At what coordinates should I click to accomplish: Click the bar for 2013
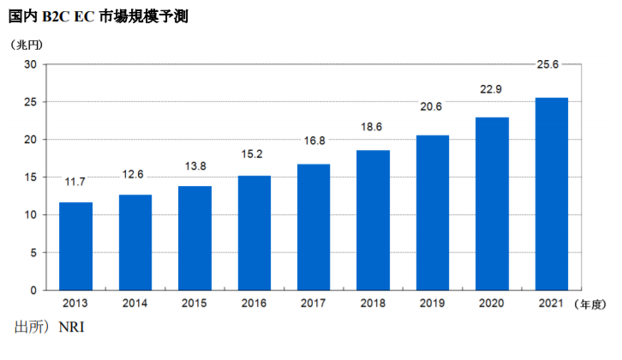[75, 247]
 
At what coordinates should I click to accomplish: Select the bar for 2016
[254, 233]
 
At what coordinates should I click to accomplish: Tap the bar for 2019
[433, 213]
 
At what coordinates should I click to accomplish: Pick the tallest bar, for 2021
[552, 194]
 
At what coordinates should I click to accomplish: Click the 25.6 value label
[547, 64]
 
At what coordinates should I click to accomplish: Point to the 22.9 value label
[491, 89]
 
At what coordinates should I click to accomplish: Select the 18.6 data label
[371, 127]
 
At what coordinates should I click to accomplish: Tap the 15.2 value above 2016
[252, 154]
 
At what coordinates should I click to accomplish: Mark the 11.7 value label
[75, 182]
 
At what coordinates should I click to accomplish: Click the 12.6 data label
[133, 174]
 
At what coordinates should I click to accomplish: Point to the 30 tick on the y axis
[30, 64]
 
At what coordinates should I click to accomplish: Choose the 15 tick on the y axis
[30, 177]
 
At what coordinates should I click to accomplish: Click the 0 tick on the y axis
[33, 291]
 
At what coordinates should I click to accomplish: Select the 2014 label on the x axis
[135, 303]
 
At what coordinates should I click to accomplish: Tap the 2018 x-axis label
[373, 303]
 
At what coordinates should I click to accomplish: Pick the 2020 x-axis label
[492, 303]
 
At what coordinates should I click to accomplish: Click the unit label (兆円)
[27, 45]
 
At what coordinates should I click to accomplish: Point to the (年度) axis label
[589, 304]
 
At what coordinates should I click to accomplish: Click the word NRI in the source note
[71, 327]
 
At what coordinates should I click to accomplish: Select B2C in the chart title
[56, 16]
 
